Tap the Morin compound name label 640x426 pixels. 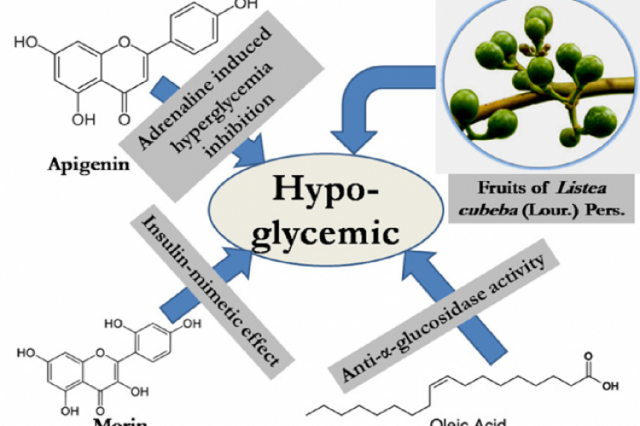(x=69, y=419)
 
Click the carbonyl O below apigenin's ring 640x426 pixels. (x=126, y=111)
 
